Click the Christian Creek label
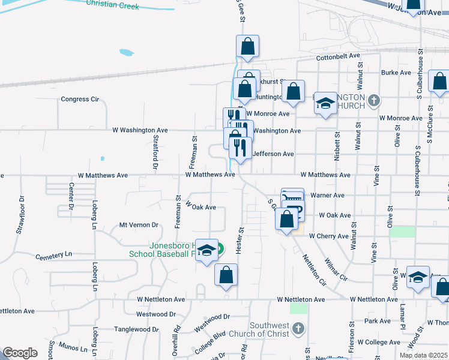pyautogui.click(x=112, y=5)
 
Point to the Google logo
pyautogui.click(x=20, y=353)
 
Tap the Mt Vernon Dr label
pyautogui.click(x=138, y=225)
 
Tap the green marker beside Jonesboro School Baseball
pyautogui.click(x=220, y=247)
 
